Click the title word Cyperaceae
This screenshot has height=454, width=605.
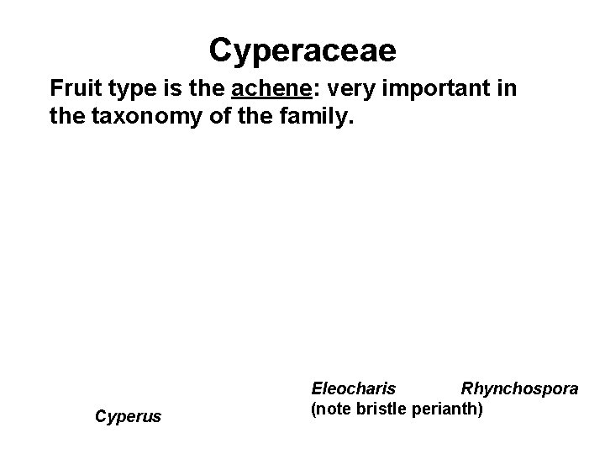302,50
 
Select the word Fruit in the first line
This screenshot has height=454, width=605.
74,87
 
